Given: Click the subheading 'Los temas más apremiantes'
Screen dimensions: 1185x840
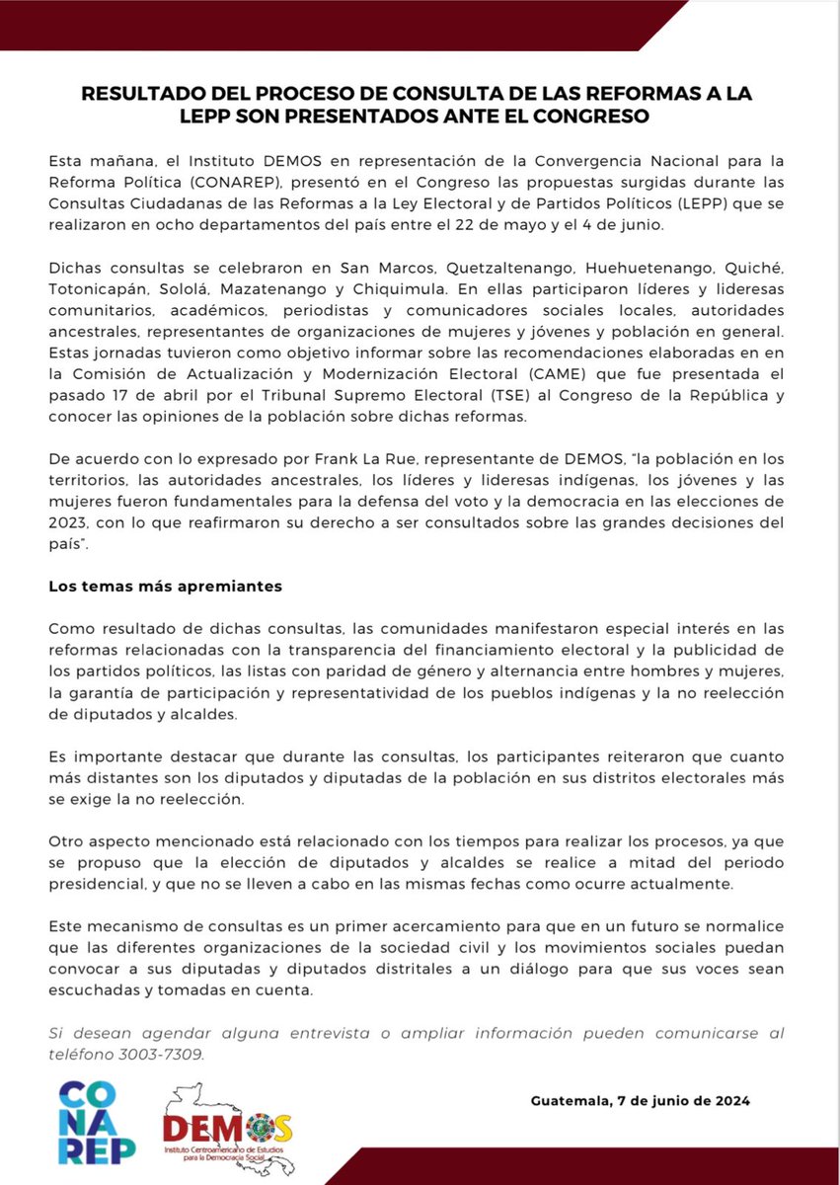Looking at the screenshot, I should click(x=166, y=586).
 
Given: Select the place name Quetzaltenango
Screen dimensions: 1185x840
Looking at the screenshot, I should click(x=499, y=268).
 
